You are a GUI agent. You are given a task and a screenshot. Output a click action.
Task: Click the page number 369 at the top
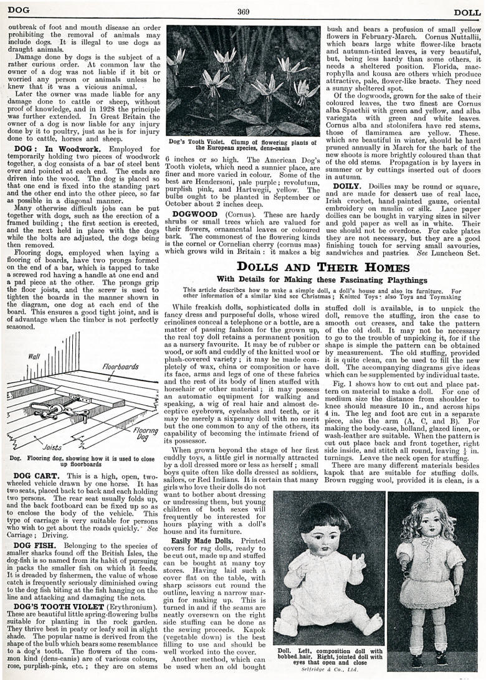coord(242,11)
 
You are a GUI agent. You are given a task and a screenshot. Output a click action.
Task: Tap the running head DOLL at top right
coord(466,11)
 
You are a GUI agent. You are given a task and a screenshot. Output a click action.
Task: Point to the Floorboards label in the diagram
coord(120,367)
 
